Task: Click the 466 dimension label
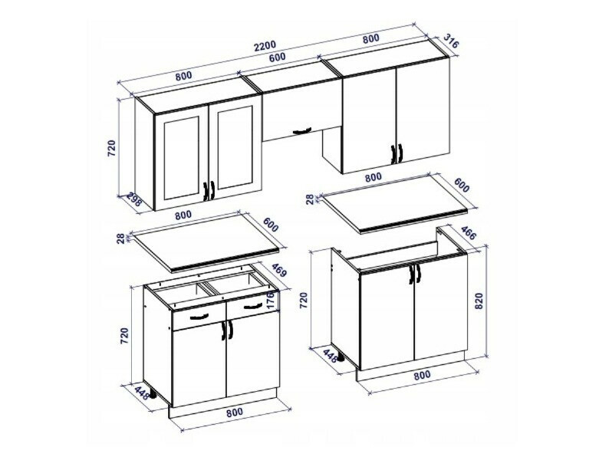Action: [466, 235]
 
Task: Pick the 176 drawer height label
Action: [270, 299]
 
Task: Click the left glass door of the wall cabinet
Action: [183, 153]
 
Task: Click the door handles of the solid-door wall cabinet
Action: [396, 153]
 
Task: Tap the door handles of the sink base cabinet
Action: [415, 274]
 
